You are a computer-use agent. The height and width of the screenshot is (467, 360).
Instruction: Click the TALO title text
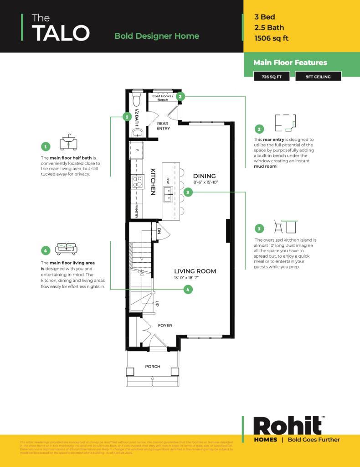click(x=60, y=33)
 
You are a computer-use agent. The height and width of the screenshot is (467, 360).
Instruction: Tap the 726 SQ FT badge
click(x=271, y=77)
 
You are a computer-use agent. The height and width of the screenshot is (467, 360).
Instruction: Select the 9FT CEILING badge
click(x=318, y=77)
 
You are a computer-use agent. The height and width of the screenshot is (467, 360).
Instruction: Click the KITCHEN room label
click(x=153, y=182)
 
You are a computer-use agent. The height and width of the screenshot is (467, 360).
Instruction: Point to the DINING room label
click(x=204, y=176)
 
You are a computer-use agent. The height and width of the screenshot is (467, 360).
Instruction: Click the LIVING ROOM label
click(x=195, y=271)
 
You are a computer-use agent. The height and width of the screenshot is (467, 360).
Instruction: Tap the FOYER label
click(x=165, y=325)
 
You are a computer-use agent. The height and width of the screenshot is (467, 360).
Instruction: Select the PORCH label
click(x=153, y=366)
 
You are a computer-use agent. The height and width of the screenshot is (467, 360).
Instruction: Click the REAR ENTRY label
click(x=163, y=126)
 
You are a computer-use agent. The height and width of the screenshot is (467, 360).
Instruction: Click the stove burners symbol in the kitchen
click(x=137, y=182)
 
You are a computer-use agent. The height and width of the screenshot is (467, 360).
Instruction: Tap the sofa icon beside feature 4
click(x=66, y=249)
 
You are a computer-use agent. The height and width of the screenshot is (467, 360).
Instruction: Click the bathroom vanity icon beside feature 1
click(x=68, y=142)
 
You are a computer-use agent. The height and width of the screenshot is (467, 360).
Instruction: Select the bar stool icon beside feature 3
click(x=285, y=227)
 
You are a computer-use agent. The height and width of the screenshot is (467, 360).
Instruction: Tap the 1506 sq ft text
click(x=271, y=38)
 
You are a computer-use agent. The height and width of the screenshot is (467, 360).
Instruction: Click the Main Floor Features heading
click(x=290, y=62)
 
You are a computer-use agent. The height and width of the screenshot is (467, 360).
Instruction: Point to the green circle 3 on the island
click(x=189, y=193)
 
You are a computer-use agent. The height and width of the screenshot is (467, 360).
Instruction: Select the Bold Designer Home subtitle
click(x=156, y=36)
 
